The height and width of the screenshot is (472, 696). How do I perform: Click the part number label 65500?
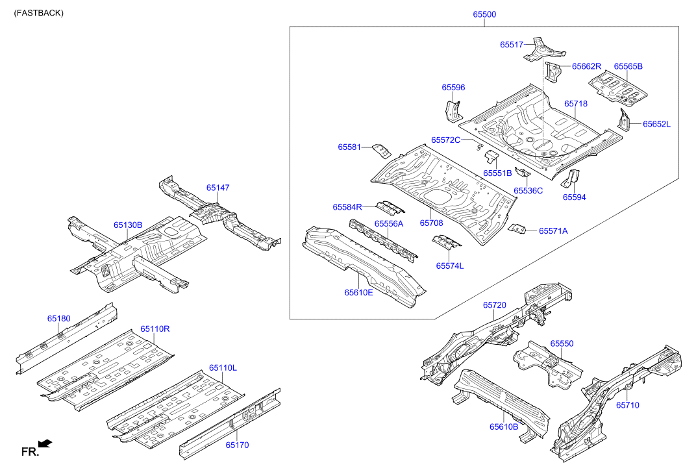tap(485, 14)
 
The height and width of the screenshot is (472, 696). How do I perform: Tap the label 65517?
tap(512, 45)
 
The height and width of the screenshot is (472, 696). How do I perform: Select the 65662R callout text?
tap(586, 66)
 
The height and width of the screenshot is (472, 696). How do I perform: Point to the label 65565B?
tap(628, 66)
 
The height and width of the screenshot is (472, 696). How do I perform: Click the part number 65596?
tap(453, 88)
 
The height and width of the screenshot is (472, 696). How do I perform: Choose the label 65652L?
tap(656, 124)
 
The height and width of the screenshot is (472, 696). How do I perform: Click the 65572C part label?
tap(445, 140)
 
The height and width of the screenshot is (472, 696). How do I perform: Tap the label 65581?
tap(349, 147)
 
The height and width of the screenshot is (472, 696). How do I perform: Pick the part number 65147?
tap(218, 188)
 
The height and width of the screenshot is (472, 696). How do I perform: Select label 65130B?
tap(128, 225)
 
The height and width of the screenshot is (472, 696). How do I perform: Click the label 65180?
tap(58, 319)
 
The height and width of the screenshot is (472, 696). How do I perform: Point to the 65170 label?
tap(238, 445)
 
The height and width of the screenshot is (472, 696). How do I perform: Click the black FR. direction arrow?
tap(45, 443)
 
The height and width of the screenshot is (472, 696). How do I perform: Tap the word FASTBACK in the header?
tap(39, 13)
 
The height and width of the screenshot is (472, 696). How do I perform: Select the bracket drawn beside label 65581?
tap(382, 150)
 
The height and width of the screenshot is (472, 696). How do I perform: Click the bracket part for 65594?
tap(571, 178)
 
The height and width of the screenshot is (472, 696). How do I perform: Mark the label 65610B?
tap(504, 427)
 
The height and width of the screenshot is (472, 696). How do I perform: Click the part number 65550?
tap(562, 343)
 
